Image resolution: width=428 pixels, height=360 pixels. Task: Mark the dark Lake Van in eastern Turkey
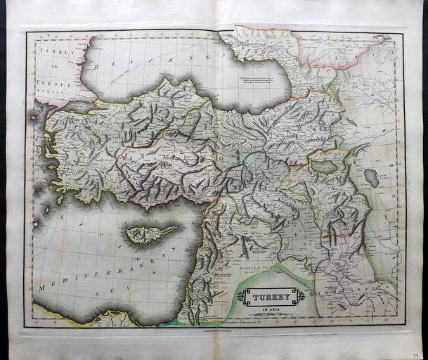coord(323,167)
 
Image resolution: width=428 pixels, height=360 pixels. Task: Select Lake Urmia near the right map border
coord(371,178)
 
